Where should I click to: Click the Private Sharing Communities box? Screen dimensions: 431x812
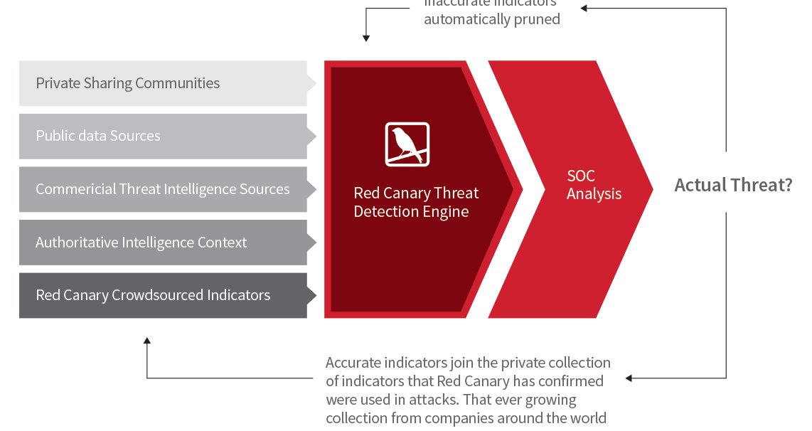163,83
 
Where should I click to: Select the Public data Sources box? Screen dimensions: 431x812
163,136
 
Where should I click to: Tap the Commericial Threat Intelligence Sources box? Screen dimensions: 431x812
163,189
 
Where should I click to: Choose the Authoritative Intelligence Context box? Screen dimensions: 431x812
163,243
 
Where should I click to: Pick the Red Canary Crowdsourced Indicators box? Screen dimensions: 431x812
163,295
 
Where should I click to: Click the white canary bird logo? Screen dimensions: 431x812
407,144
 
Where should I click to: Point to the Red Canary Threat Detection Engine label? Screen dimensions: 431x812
416,203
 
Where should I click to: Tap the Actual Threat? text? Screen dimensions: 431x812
732,186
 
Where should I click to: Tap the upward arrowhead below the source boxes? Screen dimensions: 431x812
147,341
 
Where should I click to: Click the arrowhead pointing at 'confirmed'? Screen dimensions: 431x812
629,378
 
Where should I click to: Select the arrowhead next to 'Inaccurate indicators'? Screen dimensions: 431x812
584,9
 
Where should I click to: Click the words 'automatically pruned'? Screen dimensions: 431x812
492,19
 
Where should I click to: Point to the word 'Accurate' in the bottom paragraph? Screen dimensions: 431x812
353,363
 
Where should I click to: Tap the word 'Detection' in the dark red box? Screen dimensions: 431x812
385,212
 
